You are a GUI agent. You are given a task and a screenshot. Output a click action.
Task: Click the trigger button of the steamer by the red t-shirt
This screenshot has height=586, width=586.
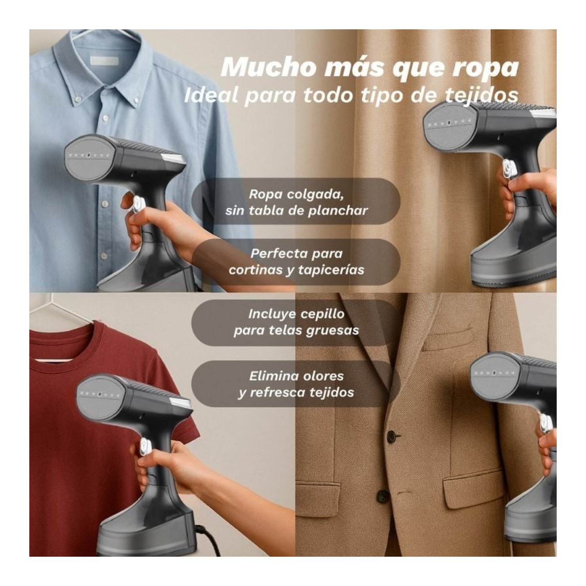[x=145, y=446]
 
